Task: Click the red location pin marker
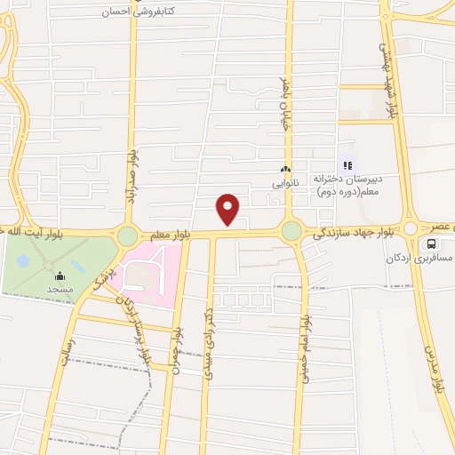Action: pos(228,210)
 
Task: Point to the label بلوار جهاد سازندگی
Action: pos(352,234)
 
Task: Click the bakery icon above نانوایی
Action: pos(285,170)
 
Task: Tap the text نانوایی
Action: pos(285,183)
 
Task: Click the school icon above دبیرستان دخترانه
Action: pos(347,164)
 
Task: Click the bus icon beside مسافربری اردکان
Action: pos(431,243)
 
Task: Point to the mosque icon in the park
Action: pos(60,275)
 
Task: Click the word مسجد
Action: pos(60,289)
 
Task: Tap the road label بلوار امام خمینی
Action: pos(303,352)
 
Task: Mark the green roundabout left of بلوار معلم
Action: pos(127,235)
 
